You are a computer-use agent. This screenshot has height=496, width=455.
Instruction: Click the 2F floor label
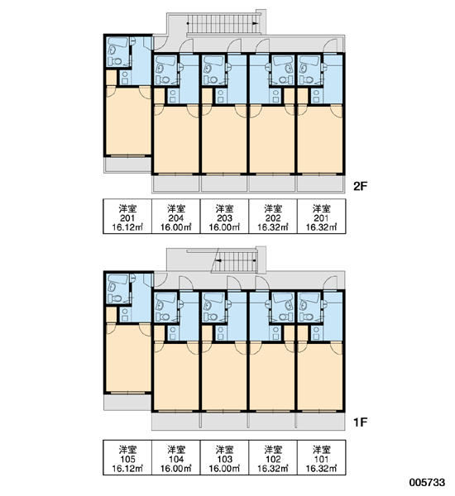[x=360, y=186]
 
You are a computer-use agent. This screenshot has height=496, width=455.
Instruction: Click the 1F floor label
[x=360, y=422]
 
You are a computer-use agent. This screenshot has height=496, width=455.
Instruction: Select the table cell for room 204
[x=176, y=217]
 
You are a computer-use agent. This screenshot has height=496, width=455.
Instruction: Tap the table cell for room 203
[x=224, y=217]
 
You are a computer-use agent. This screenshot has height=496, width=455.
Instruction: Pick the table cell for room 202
[x=273, y=217]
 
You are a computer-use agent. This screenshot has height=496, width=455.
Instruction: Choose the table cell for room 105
[x=127, y=457]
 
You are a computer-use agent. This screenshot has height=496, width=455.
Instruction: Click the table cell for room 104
[x=176, y=457]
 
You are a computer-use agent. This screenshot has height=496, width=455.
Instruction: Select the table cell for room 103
[x=224, y=457]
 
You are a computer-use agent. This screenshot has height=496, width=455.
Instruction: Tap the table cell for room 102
[x=273, y=457]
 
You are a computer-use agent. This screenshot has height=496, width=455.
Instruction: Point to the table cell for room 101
[x=321, y=457]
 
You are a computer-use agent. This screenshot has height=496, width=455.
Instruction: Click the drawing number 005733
[x=427, y=483]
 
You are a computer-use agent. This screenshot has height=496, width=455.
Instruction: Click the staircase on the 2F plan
[x=223, y=24]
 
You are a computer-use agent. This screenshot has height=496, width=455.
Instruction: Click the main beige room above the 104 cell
[x=176, y=376]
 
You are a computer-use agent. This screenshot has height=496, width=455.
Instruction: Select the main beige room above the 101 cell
[x=320, y=376]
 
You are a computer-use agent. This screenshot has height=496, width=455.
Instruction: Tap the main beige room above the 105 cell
[x=128, y=358]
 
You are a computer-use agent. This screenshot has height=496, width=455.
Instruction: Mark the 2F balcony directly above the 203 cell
[x=224, y=184]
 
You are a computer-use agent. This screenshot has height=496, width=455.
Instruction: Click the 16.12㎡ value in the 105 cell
[x=127, y=469]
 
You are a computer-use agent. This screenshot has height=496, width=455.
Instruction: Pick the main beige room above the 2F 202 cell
[x=272, y=139]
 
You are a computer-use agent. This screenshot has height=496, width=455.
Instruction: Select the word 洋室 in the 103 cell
[x=224, y=449]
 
